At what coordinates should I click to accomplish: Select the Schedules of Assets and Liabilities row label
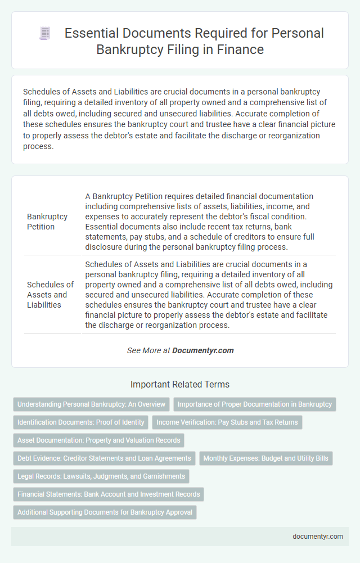[x=50, y=294]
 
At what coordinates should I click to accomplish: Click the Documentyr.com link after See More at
[x=202, y=350]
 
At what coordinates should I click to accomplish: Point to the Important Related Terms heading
[x=180, y=385]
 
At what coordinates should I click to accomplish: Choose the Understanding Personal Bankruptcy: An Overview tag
[x=91, y=404]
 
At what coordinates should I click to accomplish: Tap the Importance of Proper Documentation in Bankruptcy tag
[x=255, y=404]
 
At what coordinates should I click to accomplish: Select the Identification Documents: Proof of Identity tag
[x=81, y=422]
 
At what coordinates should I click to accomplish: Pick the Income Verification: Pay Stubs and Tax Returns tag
[x=227, y=422]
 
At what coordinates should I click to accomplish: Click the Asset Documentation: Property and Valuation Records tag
[x=98, y=440]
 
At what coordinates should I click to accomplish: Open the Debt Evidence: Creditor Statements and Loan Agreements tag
[x=104, y=458]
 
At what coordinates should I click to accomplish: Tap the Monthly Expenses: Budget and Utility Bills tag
[x=265, y=458]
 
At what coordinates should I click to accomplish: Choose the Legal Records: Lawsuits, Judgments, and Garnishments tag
[x=101, y=476]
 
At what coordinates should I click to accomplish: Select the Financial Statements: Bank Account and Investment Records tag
[x=109, y=494]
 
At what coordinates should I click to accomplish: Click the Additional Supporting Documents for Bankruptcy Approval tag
[x=105, y=512]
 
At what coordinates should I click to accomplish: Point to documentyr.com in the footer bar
[x=318, y=536]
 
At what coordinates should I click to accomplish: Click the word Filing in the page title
[x=188, y=49]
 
